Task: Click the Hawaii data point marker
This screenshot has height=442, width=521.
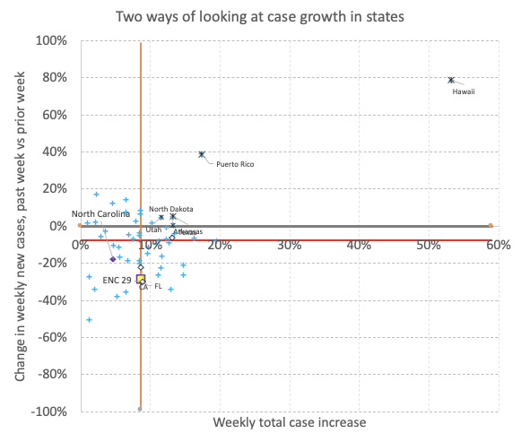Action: (x=451, y=80)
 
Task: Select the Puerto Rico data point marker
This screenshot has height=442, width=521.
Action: (x=202, y=154)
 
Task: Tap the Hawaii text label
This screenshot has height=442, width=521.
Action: (x=463, y=91)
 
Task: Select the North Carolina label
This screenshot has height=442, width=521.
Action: (x=100, y=213)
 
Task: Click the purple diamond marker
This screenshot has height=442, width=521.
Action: (x=113, y=259)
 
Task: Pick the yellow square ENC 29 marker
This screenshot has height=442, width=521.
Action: (x=141, y=280)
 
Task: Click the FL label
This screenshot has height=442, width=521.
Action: (x=158, y=287)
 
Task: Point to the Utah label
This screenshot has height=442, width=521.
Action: (x=153, y=230)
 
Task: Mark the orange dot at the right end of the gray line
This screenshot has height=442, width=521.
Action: (x=491, y=226)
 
